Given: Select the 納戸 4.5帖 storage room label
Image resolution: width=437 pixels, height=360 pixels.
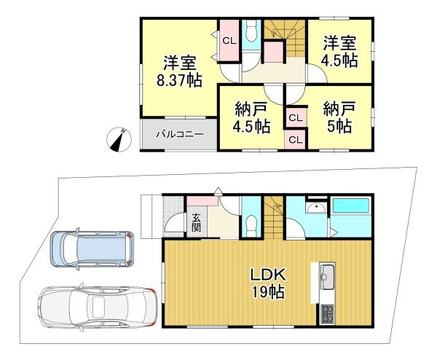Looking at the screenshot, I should (251, 118).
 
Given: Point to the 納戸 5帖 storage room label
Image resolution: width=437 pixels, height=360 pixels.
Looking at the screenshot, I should (340, 118).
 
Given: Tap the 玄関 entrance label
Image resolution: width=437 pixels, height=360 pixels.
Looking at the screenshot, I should (197, 220).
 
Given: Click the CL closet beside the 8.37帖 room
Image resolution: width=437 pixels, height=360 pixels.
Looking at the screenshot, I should (229, 41).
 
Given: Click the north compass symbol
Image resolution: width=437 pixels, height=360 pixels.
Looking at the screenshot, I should (118, 138).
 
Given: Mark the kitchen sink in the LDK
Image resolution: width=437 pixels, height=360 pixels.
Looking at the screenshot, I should (326, 278).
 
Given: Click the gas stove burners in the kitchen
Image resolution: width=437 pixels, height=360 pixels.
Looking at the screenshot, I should (325, 314).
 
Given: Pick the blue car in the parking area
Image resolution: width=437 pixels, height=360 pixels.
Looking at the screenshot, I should (92, 250).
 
